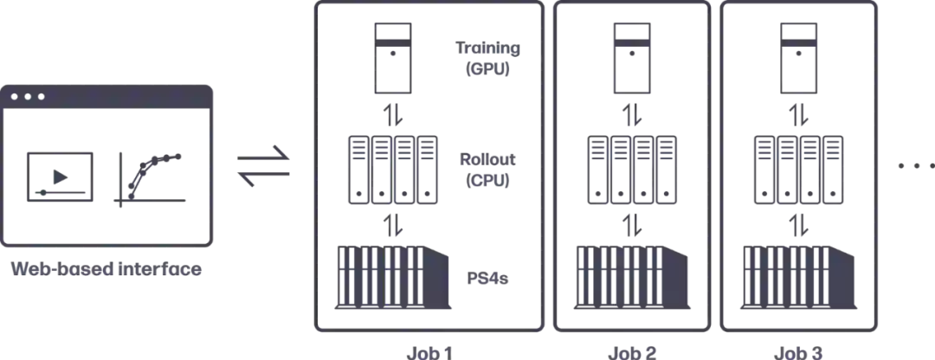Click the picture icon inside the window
(x=59, y=177)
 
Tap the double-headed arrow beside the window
(x=262, y=164)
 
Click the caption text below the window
(x=107, y=270)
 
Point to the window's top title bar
(x=109, y=98)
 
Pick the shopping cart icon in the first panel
(x=488, y=59)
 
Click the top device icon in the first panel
(x=394, y=59)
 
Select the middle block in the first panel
(x=394, y=169)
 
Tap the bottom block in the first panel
(x=392, y=277)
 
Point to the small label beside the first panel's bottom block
(x=488, y=280)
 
